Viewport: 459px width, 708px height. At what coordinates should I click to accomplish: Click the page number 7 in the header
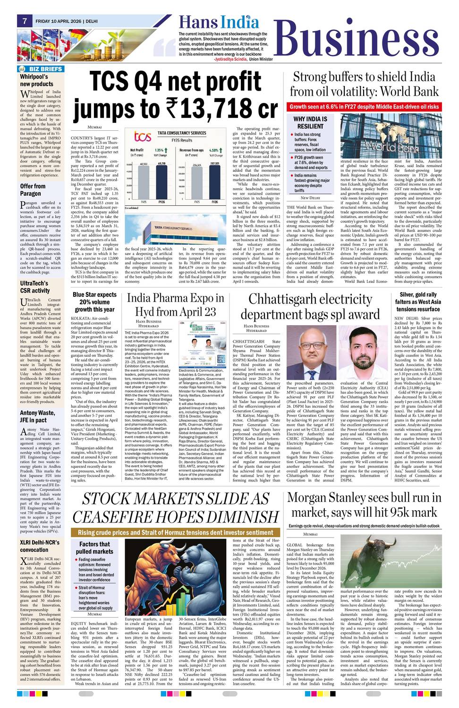click(x=24, y=21)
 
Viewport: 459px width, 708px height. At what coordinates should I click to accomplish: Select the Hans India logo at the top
click(x=219, y=22)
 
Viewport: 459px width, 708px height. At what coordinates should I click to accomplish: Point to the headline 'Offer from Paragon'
click(x=33, y=190)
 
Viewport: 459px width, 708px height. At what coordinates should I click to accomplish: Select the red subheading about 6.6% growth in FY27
click(x=364, y=107)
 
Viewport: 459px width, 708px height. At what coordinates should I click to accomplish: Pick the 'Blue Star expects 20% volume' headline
click(x=94, y=302)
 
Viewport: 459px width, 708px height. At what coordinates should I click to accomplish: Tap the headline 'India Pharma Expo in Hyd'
click(x=175, y=305)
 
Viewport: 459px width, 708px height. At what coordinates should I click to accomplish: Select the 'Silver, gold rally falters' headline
click(x=418, y=302)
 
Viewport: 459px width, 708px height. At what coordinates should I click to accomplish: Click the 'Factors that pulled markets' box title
click(x=94, y=548)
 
